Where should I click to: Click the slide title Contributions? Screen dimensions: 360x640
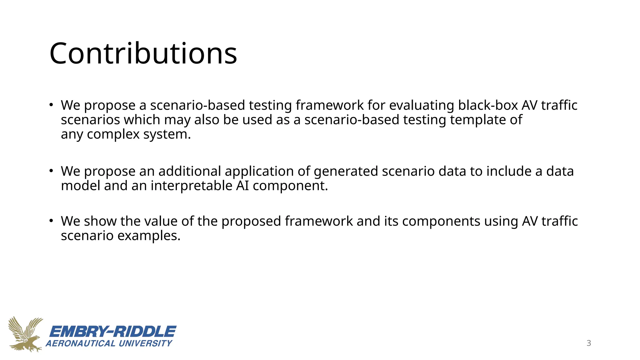[143, 54]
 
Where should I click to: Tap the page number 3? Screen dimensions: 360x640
[589, 343]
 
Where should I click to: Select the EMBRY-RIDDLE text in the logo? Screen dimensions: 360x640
[113, 332]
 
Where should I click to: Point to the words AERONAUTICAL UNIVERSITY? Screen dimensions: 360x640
[109, 343]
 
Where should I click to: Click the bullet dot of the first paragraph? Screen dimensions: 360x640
[51, 105]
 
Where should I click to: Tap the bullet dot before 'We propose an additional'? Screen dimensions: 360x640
[51, 171]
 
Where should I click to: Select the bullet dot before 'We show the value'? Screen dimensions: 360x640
[51, 221]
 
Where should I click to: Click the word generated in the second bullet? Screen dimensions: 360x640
[346, 172]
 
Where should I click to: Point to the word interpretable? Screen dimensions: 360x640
[192, 186]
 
